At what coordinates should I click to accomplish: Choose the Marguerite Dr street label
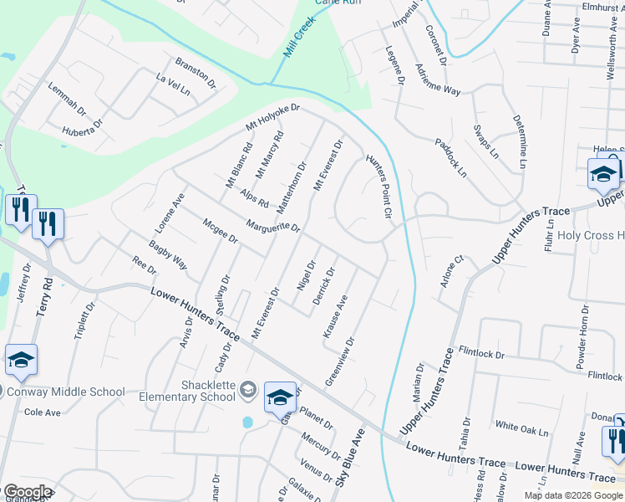pyautogui.click(x=272, y=226)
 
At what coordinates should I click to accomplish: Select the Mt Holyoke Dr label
pyautogui.click(x=272, y=117)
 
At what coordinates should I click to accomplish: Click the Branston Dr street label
pyautogui.click(x=195, y=73)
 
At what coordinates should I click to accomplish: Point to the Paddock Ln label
pyautogui.click(x=450, y=156)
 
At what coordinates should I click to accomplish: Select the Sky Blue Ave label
pyautogui.click(x=351, y=460)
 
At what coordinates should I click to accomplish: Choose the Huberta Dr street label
pyautogui.click(x=83, y=128)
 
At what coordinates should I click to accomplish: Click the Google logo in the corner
pyautogui.click(x=27, y=492)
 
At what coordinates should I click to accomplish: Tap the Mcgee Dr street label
pyautogui.click(x=221, y=232)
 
